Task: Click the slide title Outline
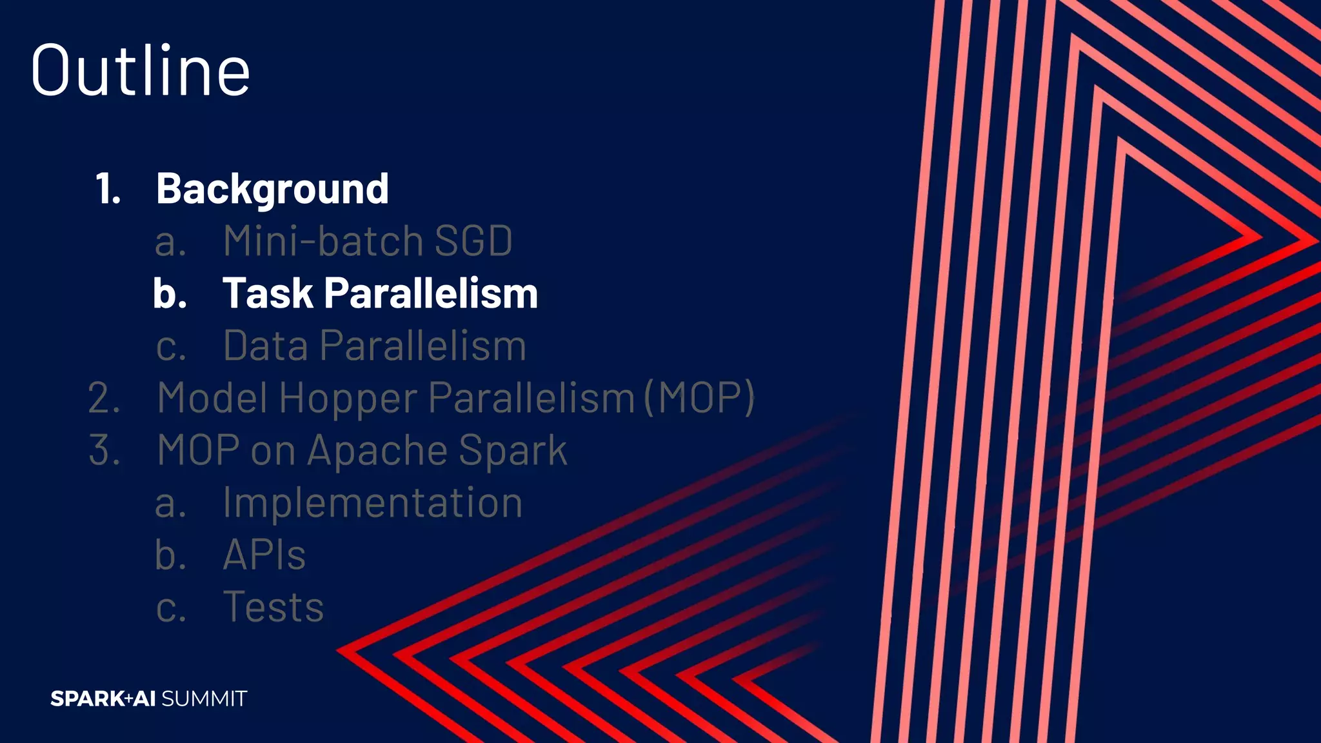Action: (140, 71)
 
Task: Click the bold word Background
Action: (272, 190)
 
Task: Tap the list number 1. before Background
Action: (108, 190)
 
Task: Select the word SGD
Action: (473, 241)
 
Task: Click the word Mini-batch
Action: (323, 241)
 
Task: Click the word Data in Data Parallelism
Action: (266, 346)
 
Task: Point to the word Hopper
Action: (348, 399)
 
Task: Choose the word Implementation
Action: (372, 503)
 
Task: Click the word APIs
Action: (264, 555)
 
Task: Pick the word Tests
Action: (273, 608)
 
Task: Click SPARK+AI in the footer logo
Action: (103, 698)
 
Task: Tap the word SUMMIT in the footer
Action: (204, 698)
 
